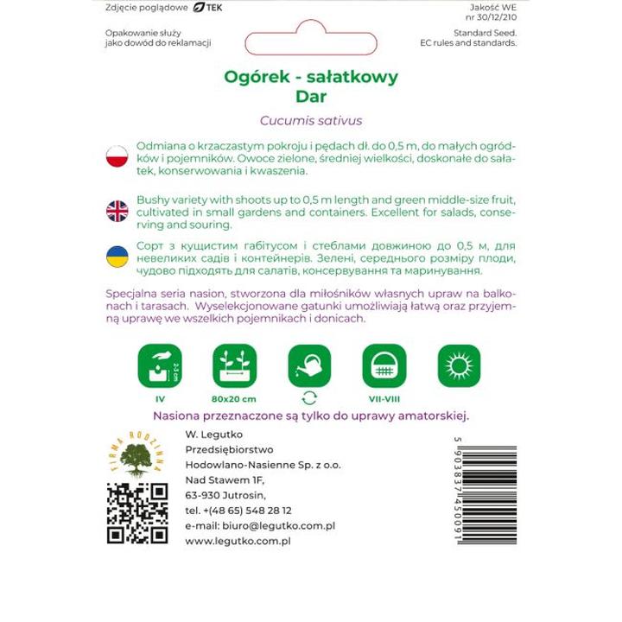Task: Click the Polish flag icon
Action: pos(116,157)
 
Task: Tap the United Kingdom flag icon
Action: pos(116,210)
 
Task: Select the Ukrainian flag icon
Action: pos(116,257)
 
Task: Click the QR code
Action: pos(137,513)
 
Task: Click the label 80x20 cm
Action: pos(235,399)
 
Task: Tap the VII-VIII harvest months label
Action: pos(384,399)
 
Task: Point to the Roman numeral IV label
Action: pos(160,399)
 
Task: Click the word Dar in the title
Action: pos(310,96)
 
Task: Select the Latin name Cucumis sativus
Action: pos(310,121)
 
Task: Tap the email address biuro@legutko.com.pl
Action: pos(260,525)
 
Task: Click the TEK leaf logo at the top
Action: pos(206,7)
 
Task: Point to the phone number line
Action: pos(238,510)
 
